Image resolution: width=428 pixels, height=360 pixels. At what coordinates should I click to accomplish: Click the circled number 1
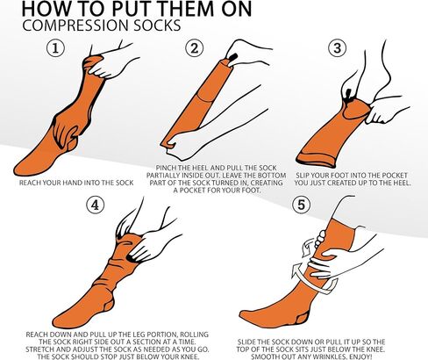tap(55, 48)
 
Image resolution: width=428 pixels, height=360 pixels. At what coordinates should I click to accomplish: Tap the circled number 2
tap(195, 48)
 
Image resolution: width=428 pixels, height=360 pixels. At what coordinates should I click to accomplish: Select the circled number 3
tap(338, 48)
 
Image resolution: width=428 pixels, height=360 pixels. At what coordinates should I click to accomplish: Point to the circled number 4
tap(96, 205)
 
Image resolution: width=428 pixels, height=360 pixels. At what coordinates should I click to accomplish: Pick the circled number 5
tap(301, 205)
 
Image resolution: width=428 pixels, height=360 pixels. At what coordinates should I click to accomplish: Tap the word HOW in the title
tap(46, 9)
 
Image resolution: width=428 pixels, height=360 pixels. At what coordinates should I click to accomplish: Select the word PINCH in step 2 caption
tap(166, 168)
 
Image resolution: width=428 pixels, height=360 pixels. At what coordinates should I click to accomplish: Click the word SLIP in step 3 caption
tap(302, 176)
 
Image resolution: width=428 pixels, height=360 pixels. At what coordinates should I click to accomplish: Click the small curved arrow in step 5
tap(307, 247)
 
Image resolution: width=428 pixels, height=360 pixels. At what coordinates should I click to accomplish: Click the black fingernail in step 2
tap(233, 57)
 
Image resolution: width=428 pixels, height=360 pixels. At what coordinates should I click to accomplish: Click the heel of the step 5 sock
tap(302, 318)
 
